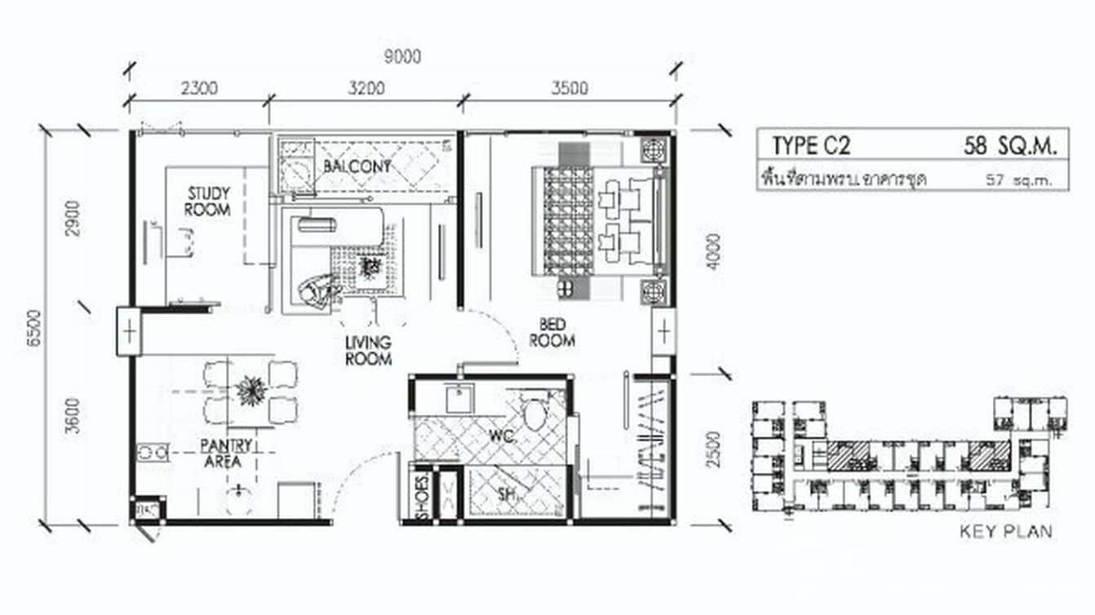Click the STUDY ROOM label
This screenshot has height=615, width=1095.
208,201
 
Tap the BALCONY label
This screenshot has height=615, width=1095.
357,166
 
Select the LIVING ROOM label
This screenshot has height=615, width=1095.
368,350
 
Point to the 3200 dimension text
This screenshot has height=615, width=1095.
365,88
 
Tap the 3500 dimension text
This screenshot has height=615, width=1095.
569,88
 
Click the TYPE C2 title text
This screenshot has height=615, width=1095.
811,146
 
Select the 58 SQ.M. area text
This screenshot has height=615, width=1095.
1010,146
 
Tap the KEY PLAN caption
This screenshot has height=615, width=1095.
1005,532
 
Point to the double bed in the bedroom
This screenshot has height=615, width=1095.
599,221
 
